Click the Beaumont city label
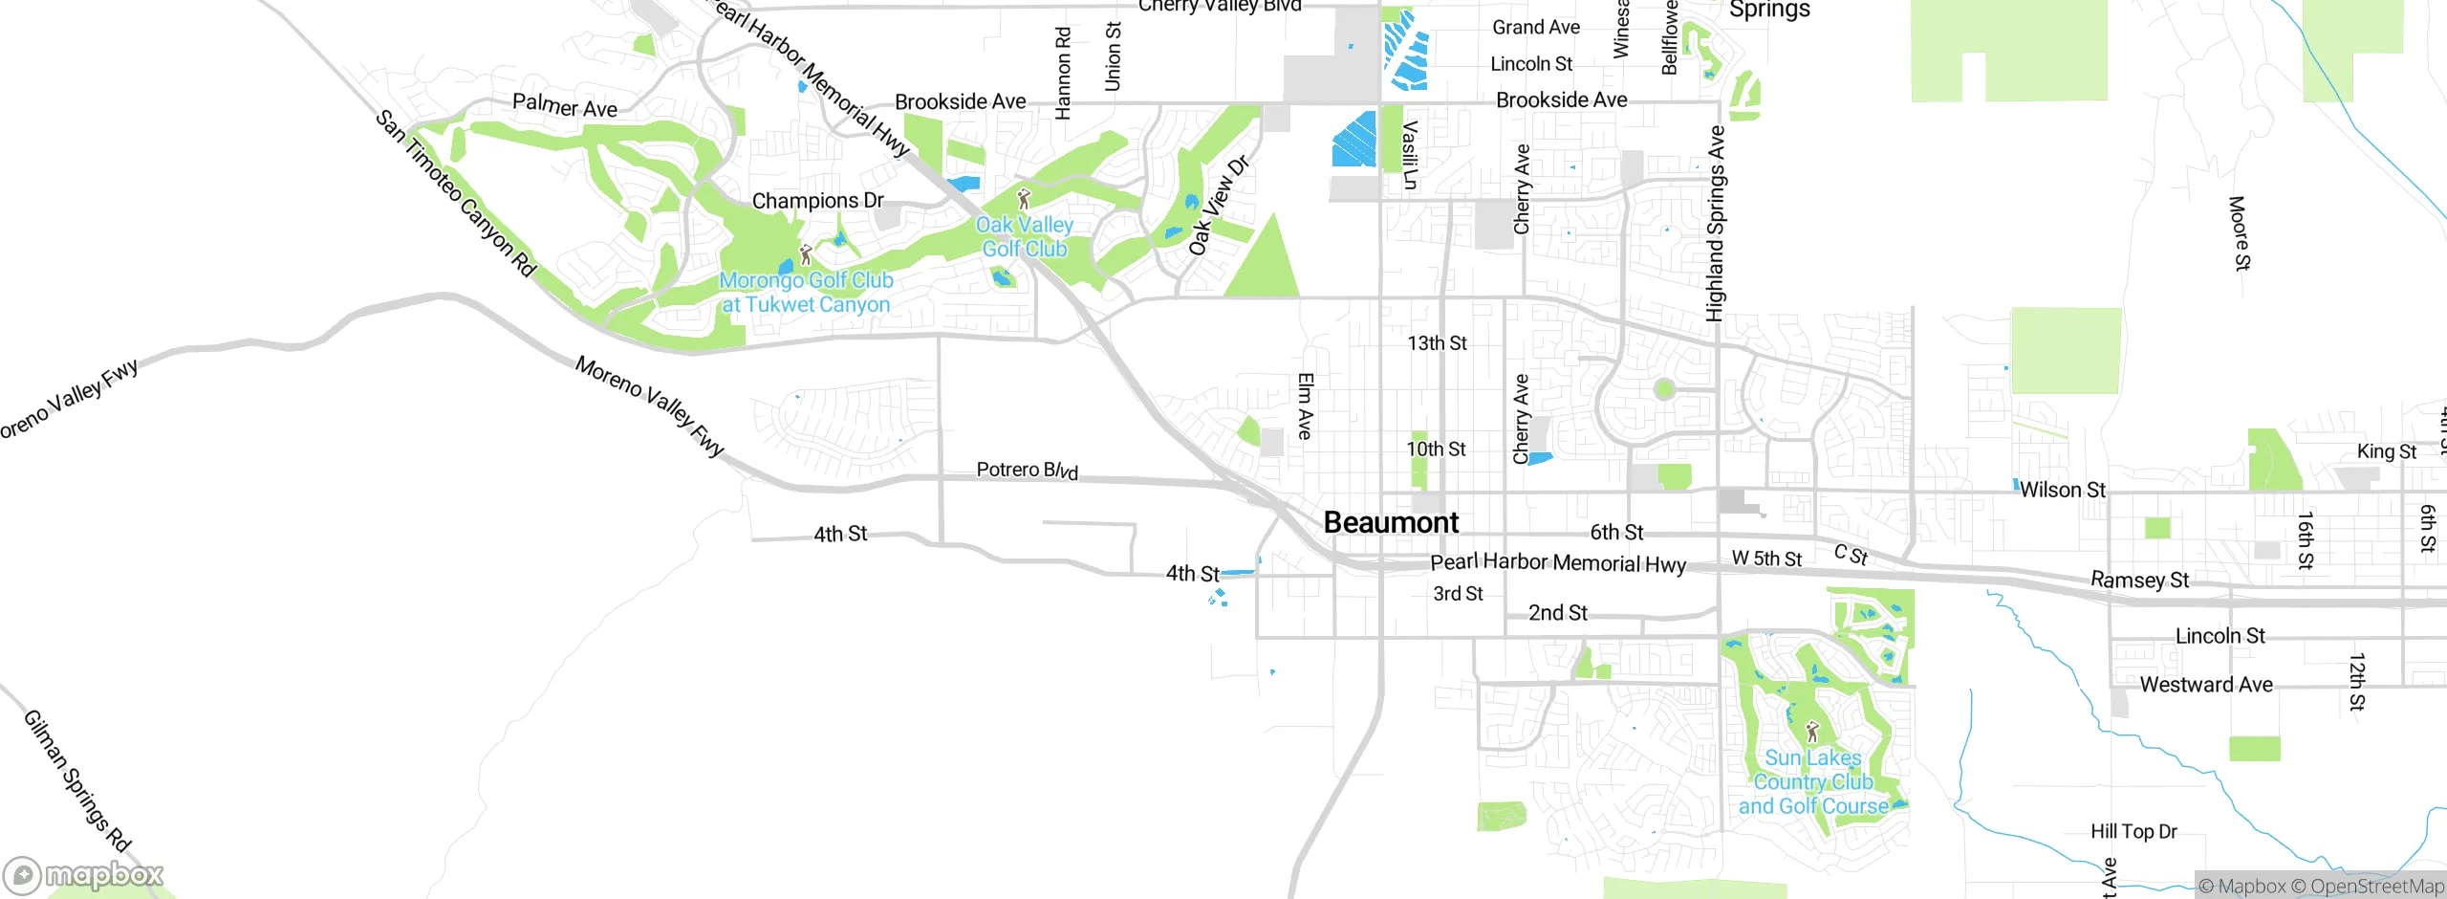click(1391, 523)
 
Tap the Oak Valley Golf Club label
click(1024, 237)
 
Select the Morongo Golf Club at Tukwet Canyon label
click(806, 293)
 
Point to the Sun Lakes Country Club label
click(1813, 782)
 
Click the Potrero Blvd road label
click(1027, 470)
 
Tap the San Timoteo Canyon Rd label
click(455, 193)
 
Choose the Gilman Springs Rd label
click(76, 780)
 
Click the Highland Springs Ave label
click(1716, 223)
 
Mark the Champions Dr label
click(817, 201)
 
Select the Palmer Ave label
click(564, 105)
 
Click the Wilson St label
click(2062, 490)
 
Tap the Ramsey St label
click(2139, 580)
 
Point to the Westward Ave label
click(2206, 685)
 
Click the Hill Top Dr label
click(2133, 831)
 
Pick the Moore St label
click(2240, 233)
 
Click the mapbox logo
click(84, 874)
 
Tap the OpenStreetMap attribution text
click(2376, 887)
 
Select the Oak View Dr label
click(1218, 206)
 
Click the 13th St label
click(1437, 343)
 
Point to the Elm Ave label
click(1305, 406)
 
